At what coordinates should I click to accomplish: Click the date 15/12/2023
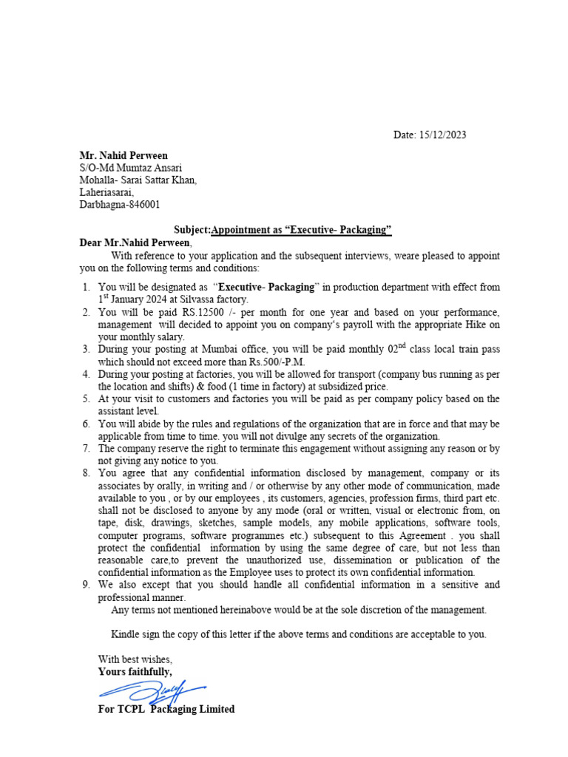point(442,135)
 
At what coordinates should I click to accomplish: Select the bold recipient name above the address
point(124,156)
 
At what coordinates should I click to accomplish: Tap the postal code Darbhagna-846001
point(119,205)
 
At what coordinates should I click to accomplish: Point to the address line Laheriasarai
point(107,192)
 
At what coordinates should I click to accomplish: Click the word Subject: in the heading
point(192,230)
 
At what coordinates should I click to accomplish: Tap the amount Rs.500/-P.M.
point(277,361)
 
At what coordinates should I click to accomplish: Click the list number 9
point(86,585)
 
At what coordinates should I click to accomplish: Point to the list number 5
point(86,398)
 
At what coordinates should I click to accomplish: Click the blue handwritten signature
point(152,691)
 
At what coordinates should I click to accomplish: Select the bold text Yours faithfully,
point(135,672)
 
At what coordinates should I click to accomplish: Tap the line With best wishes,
point(135,659)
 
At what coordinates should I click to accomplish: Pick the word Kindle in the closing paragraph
point(126,634)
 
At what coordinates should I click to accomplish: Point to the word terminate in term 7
point(260,449)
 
